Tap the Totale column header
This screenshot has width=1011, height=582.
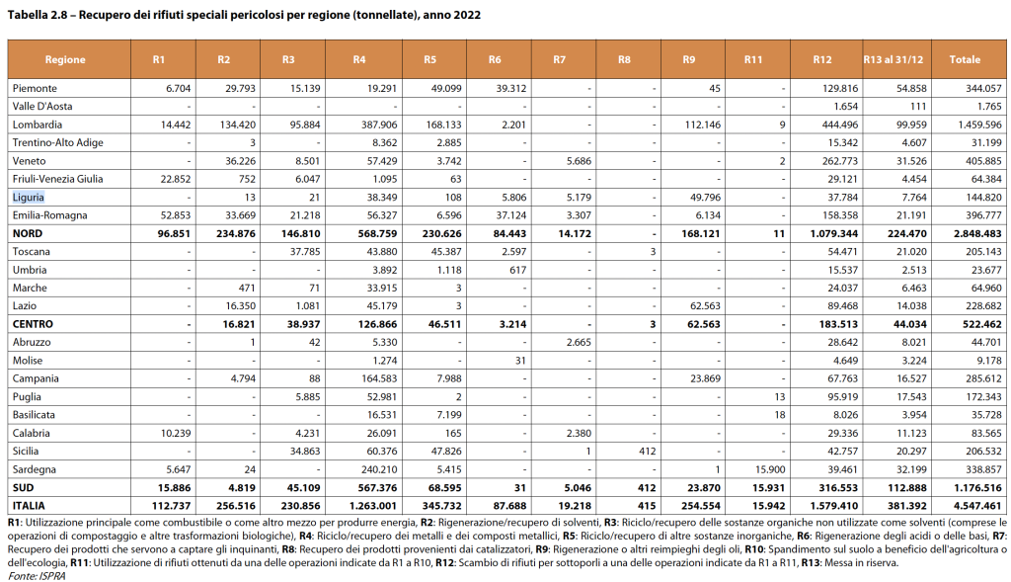(x=965, y=59)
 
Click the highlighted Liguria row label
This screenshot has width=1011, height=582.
(x=29, y=197)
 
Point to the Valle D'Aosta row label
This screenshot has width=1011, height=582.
(x=41, y=106)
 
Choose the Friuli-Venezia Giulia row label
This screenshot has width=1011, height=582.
(x=57, y=179)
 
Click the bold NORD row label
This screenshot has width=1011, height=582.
(x=27, y=233)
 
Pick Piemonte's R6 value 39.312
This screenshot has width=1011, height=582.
(x=510, y=88)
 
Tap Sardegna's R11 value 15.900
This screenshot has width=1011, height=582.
(x=767, y=470)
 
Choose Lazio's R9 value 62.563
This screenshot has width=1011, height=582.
(x=702, y=305)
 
